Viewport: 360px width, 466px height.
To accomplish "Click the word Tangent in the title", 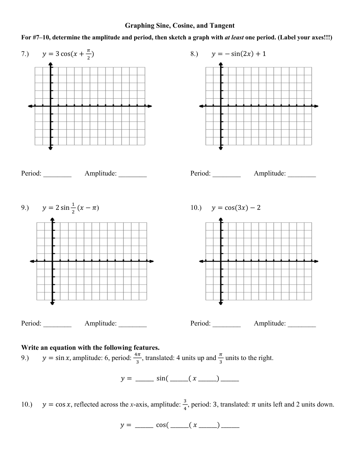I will tap(222, 25).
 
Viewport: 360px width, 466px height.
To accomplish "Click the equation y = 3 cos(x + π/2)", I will tap(68, 54).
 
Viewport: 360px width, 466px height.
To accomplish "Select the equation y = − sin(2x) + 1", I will tap(239, 54).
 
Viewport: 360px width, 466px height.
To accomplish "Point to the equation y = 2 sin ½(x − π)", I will tap(71, 208).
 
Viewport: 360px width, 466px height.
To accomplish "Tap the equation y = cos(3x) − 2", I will tap(236, 208).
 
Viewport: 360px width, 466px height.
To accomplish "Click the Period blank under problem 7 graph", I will tap(57, 174).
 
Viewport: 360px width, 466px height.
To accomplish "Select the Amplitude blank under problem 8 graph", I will tap(302, 174).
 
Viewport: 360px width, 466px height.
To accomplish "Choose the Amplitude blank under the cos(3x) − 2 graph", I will tap(302, 324).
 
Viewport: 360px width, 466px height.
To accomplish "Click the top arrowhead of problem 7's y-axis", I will tap(51, 65).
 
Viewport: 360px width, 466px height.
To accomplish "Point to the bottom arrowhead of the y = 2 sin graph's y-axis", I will tap(52, 303).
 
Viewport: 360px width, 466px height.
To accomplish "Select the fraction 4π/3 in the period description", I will tap(137, 358).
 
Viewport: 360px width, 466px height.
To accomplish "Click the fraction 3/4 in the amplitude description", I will tap(185, 405).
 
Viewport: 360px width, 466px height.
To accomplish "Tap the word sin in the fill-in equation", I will tap(161, 378).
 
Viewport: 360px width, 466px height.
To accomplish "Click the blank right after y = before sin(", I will tap(145, 379).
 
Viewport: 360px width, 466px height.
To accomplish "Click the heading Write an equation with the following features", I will tap(90, 347).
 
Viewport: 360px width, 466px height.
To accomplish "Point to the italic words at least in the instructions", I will tap(234, 37).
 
